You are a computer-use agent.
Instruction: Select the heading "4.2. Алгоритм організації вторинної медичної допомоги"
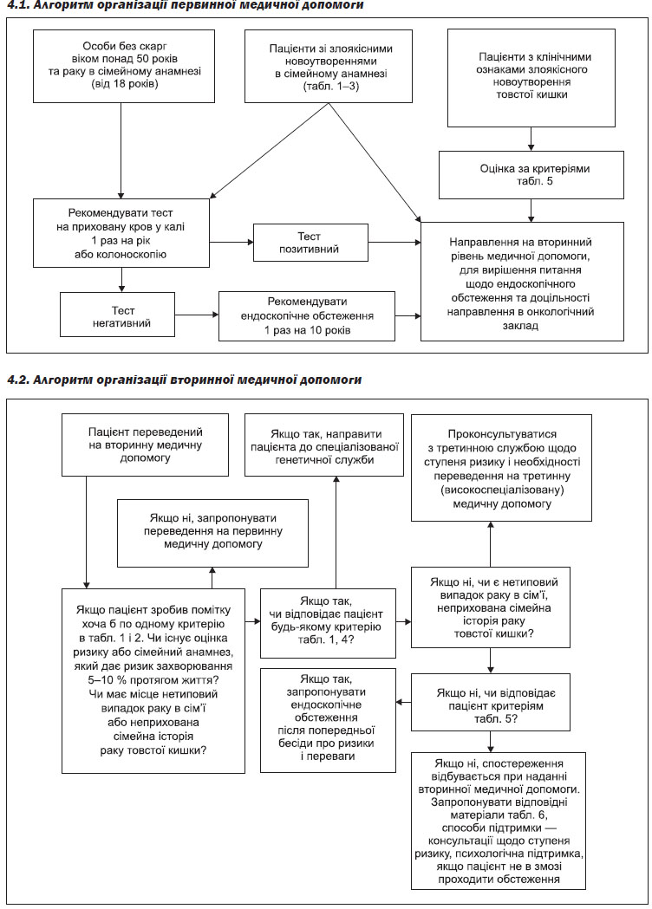pos(184,380)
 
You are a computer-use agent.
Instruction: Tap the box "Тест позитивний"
pos(310,243)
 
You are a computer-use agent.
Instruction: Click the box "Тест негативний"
pos(117,315)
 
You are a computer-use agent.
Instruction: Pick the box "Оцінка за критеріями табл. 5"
pos(531,175)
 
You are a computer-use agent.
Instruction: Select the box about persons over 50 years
pos(124,66)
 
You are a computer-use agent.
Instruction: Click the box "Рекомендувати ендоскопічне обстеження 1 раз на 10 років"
pos(307,316)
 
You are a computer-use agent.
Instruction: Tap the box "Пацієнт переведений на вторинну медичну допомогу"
pos(145,445)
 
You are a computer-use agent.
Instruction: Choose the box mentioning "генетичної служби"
pos(323,445)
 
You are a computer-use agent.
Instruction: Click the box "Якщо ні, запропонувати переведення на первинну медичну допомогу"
pos(213,533)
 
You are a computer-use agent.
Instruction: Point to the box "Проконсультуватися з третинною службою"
pos(502,467)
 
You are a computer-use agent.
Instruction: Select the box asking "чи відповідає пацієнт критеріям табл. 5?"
pos(490,702)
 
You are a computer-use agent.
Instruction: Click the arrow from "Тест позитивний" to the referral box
pos(394,243)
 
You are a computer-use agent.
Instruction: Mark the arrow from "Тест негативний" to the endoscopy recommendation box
pos(197,315)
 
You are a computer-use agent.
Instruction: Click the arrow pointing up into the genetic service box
pos(336,532)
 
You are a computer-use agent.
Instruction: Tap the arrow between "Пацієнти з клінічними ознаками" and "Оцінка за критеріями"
pos(531,140)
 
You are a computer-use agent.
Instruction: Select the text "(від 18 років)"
pos(124,84)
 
